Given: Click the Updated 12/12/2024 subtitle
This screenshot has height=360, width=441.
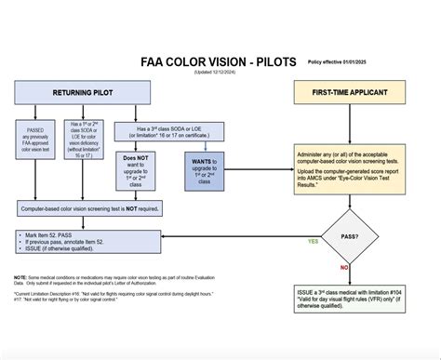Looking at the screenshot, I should pos(216,72).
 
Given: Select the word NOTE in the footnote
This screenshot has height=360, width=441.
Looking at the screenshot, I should pos(20,276).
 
